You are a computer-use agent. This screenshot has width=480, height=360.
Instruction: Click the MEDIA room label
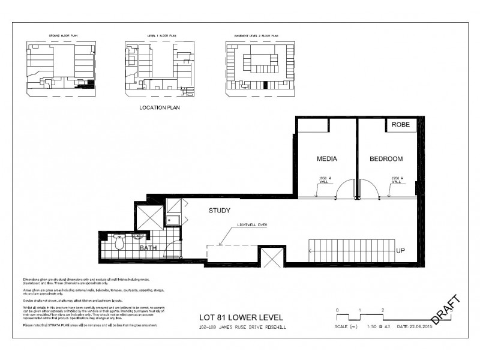point(326,159)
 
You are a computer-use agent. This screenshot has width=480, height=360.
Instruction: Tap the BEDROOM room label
point(385,159)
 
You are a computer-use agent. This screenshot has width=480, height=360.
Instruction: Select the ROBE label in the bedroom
point(400,125)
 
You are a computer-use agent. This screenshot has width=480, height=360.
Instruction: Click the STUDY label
point(220,211)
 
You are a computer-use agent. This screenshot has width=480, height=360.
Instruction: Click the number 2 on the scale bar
point(382,310)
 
